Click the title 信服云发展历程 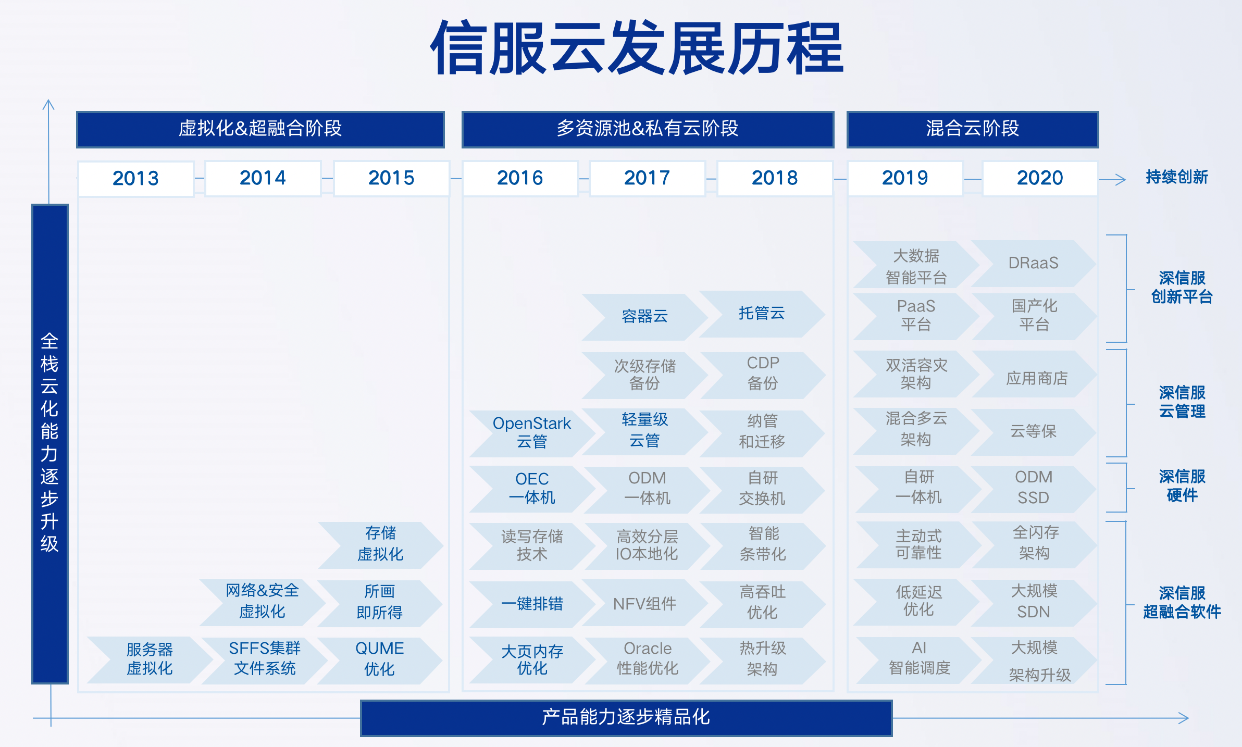coord(637,48)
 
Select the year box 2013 coord(136,179)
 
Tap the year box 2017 coord(647,178)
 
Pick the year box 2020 coord(1040,178)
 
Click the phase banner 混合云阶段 coord(973,129)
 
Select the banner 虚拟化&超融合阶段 coord(260,129)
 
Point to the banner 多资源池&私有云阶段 coord(648,129)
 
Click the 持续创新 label coord(1177,177)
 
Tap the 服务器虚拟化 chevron coord(150,659)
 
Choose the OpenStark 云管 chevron coord(532,432)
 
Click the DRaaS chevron coord(1034,263)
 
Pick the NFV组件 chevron coord(644,604)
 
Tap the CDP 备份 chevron coord(763,374)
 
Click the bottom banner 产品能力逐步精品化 coord(626,718)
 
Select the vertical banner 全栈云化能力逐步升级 coord(50,444)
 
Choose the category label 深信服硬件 coord(1182,485)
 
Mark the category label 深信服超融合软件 coord(1182,602)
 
